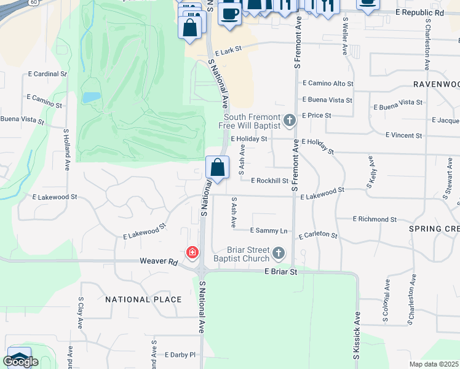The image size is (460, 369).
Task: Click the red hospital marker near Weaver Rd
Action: (192, 252)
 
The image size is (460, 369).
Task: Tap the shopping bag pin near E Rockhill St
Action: (217, 167)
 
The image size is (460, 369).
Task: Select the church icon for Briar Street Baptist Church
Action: (279, 252)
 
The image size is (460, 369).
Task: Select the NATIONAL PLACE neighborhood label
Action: (143, 300)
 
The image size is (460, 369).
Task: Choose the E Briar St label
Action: (281, 271)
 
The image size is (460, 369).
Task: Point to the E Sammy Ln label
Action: (269, 231)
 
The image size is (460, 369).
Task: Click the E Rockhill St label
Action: (270, 180)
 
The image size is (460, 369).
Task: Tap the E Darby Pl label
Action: (180, 355)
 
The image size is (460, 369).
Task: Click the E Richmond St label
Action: (375, 219)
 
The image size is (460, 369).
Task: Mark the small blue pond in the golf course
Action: (91, 97)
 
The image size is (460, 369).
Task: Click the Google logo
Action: (20, 361)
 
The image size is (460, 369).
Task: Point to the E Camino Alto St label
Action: (328, 84)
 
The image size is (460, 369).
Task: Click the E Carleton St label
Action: (318, 236)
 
